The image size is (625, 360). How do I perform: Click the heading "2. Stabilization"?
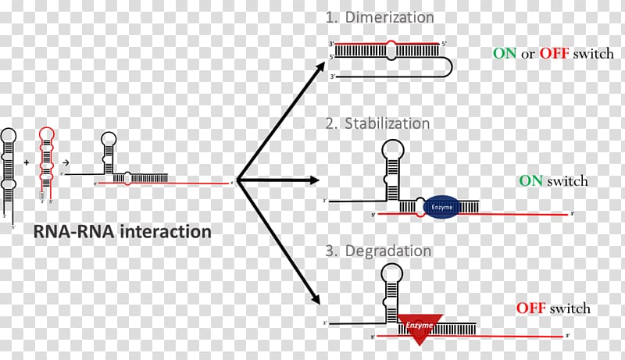click(x=377, y=123)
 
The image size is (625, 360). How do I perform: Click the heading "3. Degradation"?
click(x=378, y=251)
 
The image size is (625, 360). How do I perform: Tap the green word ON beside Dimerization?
click(x=504, y=54)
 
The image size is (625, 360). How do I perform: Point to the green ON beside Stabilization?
click(x=530, y=180)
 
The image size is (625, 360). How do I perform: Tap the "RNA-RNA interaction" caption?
click(x=121, y=232)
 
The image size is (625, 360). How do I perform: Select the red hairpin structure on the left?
click(x=47, y=164)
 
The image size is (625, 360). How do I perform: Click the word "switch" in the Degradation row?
click(x=570, y=308)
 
